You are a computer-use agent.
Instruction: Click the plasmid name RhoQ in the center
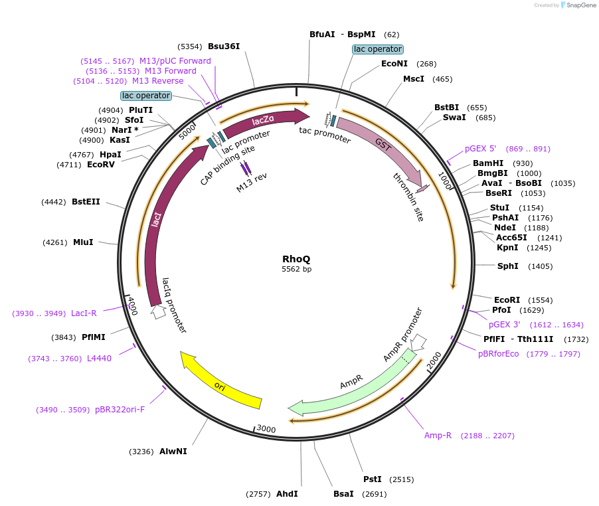click(296, 258)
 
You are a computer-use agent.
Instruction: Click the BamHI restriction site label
click(488, 163)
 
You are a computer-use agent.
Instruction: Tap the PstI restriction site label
click(372, 479)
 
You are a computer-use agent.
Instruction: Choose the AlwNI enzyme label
click(173, 452)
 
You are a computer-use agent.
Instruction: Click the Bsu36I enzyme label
click(224, 46)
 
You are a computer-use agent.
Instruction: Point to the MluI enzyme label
click(83, 242)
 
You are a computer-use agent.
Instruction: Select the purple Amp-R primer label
click(438, 436)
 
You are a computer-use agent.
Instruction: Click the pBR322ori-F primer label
click(120, 410)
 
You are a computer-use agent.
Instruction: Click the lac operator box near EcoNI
click(377, 49)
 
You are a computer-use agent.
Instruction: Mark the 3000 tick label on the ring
click(266, 430)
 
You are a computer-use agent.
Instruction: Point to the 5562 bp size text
click(296, 270)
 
